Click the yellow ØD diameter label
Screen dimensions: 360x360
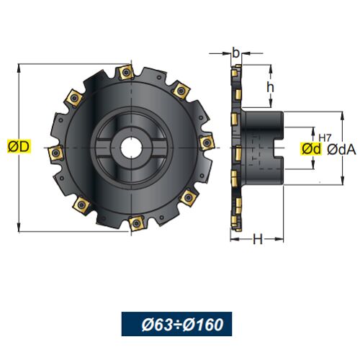19,146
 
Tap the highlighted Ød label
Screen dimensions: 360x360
311,149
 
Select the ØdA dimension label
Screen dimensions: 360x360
341,150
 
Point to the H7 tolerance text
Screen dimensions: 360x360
325,138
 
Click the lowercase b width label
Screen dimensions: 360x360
236,53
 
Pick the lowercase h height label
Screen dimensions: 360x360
270,86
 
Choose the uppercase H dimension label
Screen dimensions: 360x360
258,239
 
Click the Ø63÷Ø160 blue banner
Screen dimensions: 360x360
176,324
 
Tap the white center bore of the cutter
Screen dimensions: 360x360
131,148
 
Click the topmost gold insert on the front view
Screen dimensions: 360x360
126,71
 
